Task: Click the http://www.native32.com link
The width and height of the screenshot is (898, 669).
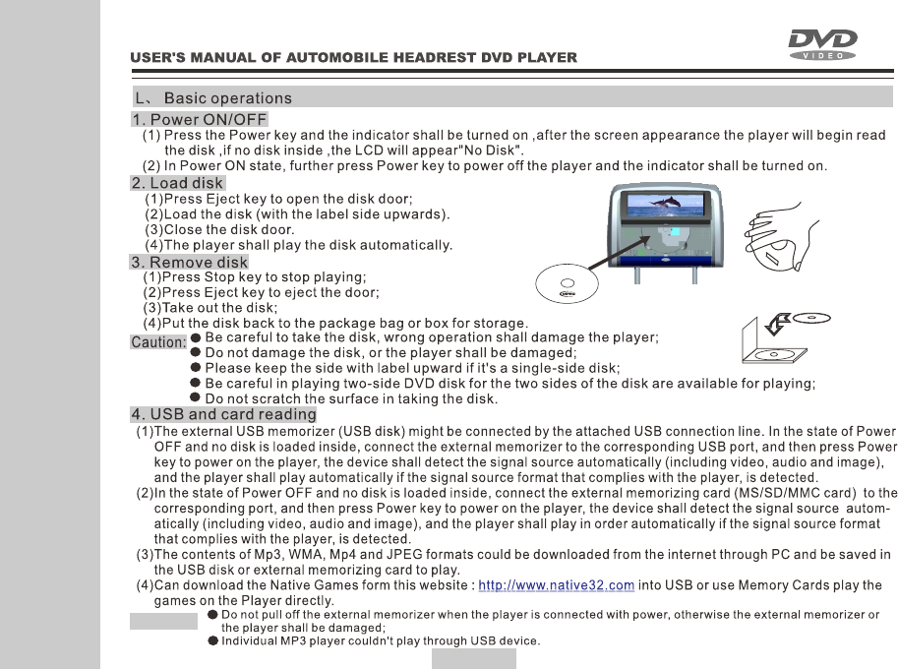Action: (562, 586)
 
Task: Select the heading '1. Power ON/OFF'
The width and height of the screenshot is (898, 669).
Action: (200, 120)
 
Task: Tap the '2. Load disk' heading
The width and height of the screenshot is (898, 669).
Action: (178, 183)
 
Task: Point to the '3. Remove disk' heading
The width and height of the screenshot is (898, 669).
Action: (189, 263)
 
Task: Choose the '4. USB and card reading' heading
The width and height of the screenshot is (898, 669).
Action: (223, 414)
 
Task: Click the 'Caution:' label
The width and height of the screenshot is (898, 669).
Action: (157, 342)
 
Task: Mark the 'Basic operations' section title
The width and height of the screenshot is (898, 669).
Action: (227, 98)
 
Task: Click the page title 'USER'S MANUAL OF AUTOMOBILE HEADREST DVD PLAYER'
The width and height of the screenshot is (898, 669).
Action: (354, 58)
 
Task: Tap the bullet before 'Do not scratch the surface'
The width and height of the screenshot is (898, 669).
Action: (196, 398)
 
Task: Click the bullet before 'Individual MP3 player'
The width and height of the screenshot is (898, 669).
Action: (212, 641)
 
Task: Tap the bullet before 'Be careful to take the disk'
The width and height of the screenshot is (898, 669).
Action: (196, 336)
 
